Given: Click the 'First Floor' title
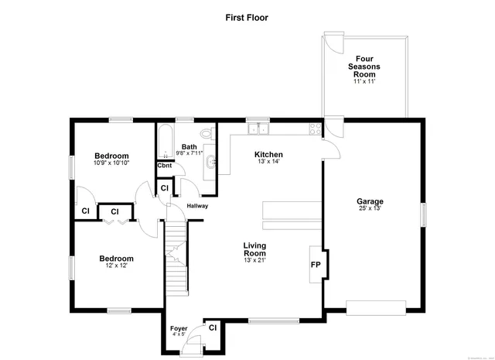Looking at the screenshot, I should [x=247, y=16].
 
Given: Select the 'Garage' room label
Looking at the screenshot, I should [x=370, y=201].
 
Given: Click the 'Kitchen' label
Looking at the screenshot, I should [x=268, y=154].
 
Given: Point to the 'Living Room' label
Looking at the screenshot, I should [x=254, y=249].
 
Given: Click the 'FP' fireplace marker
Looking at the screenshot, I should [x=316, y=264].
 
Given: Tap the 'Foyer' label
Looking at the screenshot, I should [x=179, y=329].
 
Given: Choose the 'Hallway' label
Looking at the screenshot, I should [x=198, y=205].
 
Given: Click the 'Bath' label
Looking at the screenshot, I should [x=189, y=146].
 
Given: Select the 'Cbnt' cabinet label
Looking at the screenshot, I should [x=164, y=166].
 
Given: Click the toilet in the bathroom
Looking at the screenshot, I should [x=206, y=132].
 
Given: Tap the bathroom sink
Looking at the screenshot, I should [x=211, y=163].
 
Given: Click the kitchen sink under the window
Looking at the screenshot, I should [x=257, y=129].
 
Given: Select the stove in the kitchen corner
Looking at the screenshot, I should [x=315, y=129].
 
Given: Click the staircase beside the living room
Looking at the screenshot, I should [x=177, y=255].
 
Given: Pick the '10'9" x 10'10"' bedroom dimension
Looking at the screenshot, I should [x=111, y=163].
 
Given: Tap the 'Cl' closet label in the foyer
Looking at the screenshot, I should [x=212, y=327].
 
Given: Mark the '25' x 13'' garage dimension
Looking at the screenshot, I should [x=370, y=208].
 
